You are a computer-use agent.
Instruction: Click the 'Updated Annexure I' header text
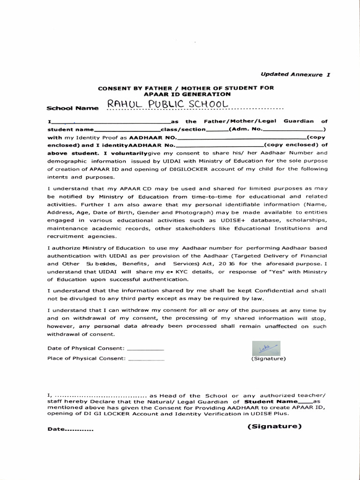click(x=295, y=75)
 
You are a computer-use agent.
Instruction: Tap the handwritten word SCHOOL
click(x=210, y=104)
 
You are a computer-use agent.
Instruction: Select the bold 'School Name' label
click(x=73, y=108)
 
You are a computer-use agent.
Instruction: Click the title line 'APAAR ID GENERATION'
click(x=186, y=94)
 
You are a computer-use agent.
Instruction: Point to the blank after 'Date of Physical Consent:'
click(x=145, y=348)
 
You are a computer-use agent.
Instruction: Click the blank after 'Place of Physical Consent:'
click(x=146, y=359)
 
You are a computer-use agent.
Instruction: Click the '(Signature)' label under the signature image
click(x=268, y=359)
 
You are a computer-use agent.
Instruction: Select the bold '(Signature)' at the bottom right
click(x=274, y=426)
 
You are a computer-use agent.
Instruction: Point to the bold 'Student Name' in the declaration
click(x=271, y=402)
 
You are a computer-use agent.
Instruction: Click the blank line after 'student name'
click(x=127, y=129)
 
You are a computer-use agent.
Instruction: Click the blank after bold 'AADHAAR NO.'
click(x=241, y=138)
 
